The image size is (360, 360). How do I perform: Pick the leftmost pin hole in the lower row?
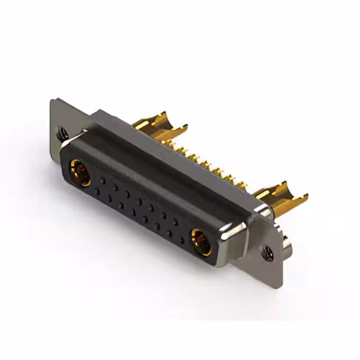coord(97,192)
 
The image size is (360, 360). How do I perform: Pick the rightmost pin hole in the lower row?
coord(182,238)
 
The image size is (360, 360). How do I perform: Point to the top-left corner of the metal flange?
coord(52,101)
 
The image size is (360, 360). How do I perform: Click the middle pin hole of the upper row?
coord(139,201)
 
